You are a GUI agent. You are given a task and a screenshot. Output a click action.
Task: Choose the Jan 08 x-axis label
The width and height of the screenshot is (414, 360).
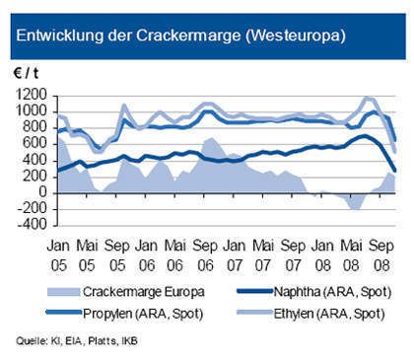click(324, 252)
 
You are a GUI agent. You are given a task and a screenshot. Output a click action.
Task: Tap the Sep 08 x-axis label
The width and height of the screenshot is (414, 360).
click(380, 252)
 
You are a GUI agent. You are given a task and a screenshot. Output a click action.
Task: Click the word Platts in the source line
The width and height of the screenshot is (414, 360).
click(92, 342)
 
